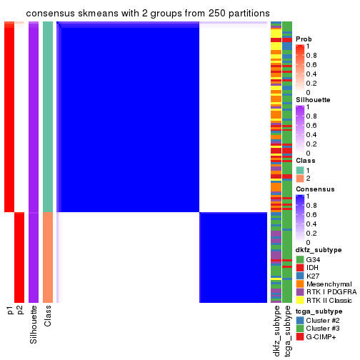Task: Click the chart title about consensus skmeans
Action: click(147, 14)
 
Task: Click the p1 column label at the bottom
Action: click(10, 310)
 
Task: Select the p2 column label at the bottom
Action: click(20, 310)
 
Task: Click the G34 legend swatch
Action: click(300, 259)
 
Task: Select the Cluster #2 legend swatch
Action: click(300, 321)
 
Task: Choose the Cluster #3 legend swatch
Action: click(300, 329)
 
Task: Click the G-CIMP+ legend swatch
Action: click(300, 338)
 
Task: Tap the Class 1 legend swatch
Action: click(300, 169)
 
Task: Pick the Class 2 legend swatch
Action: click(300, 178)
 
